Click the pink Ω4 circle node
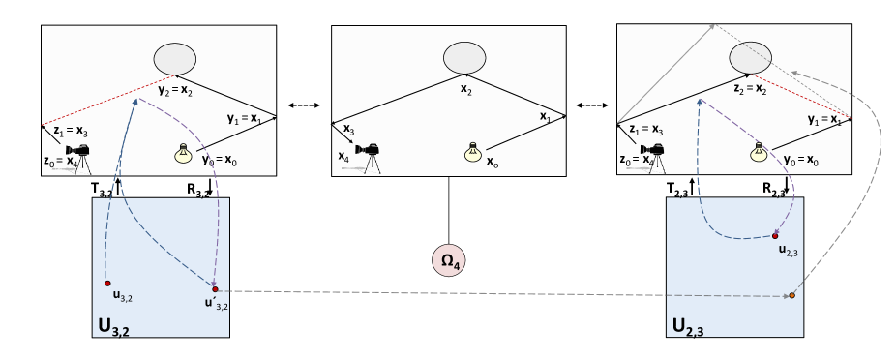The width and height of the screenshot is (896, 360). tap(448, 260)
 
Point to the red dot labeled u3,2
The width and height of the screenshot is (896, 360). tap(108, 283)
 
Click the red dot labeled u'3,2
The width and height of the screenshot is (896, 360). tap(215, 288)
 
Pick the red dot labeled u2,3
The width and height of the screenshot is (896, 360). tap(776, 235)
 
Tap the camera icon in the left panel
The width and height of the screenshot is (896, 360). tap(77, 153)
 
